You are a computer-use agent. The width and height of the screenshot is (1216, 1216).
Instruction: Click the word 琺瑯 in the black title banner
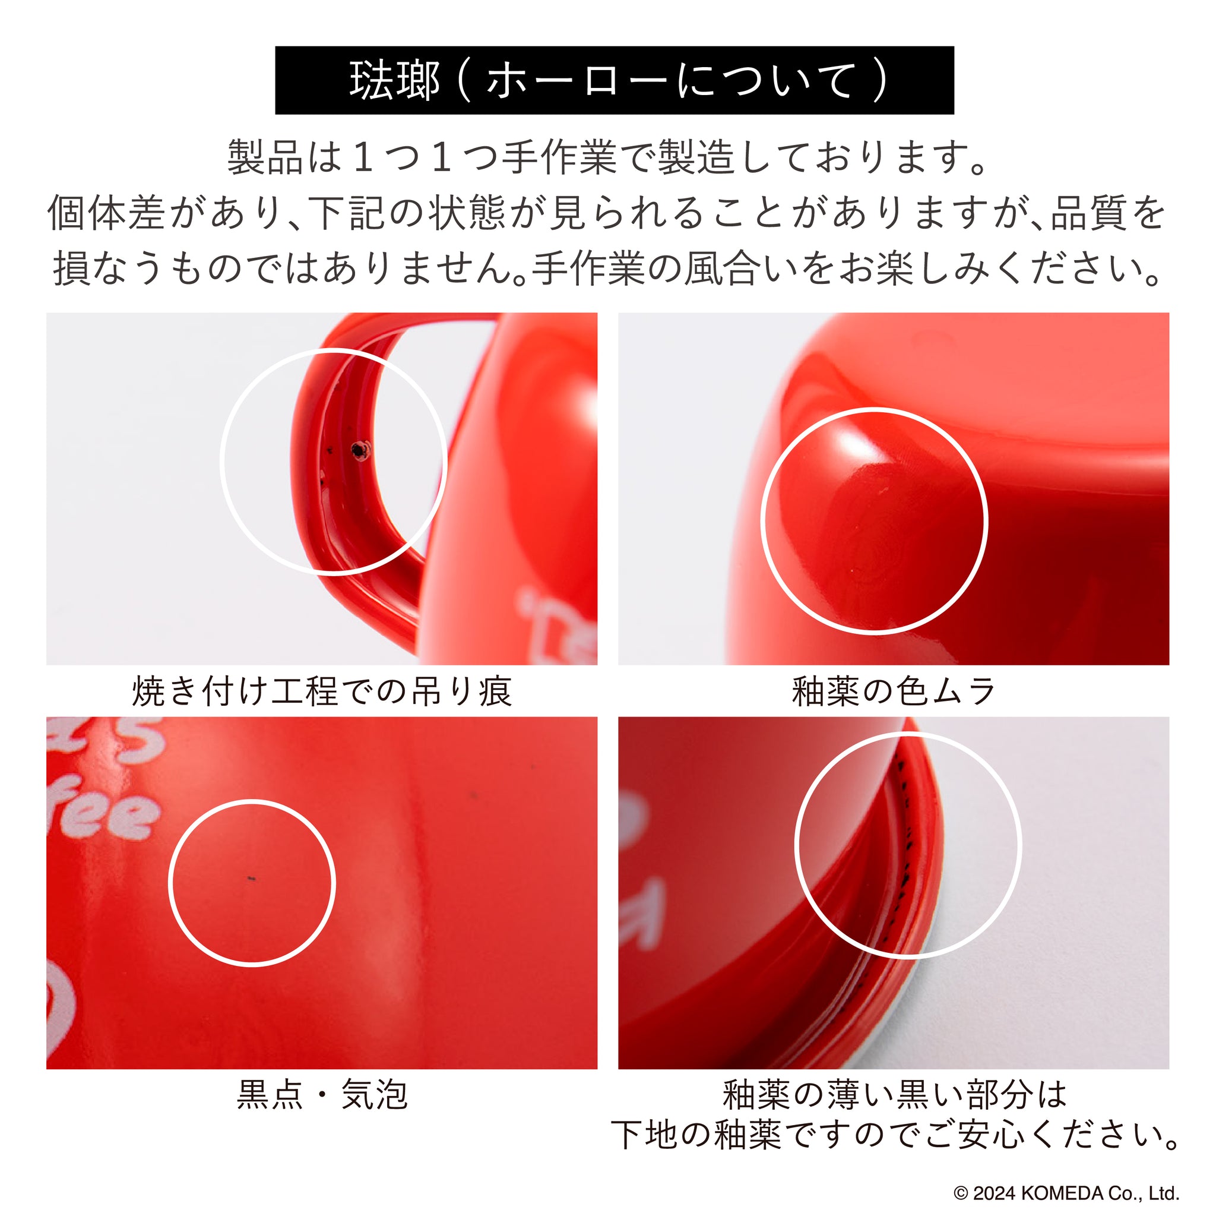pos(394,81)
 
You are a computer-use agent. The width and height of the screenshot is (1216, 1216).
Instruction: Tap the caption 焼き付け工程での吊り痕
pos(322,691)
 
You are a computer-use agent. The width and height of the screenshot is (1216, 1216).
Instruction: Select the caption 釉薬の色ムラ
pos(894,691)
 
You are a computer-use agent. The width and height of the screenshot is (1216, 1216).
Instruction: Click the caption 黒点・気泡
pos(322,1094)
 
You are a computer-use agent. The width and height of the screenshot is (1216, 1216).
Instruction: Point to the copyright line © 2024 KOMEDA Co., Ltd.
pos(1066,1193)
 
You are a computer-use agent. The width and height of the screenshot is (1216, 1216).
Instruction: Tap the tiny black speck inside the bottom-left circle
pos(251,878)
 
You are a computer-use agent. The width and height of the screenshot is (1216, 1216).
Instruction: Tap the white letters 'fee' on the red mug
pos(101,816)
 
